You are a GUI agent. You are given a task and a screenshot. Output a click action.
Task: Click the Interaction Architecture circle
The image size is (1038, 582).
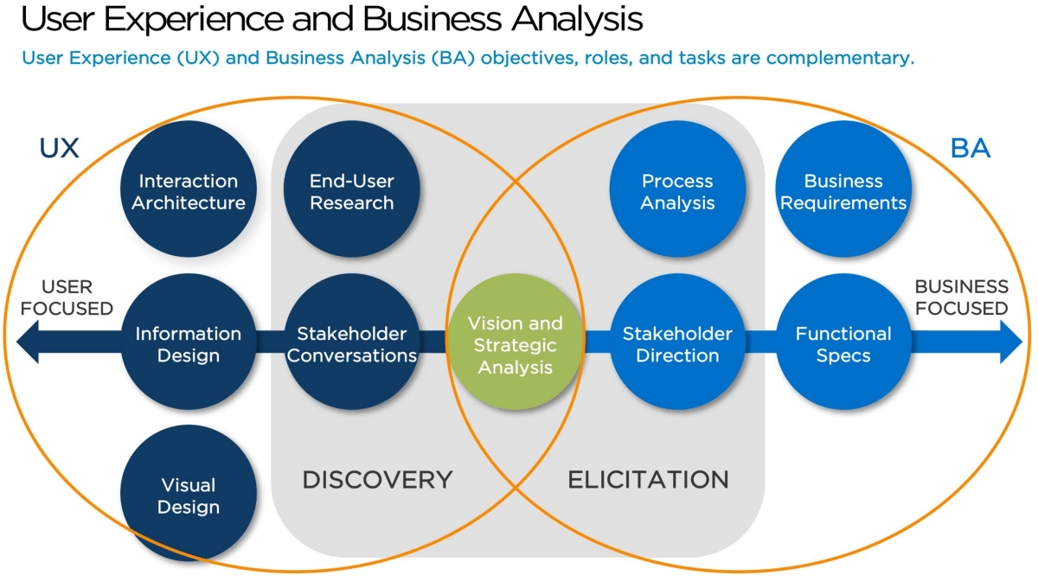(189, 189)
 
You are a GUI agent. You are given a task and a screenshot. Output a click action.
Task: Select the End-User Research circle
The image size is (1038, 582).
(352, 189)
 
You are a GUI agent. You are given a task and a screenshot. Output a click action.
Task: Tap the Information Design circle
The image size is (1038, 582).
(189, 342)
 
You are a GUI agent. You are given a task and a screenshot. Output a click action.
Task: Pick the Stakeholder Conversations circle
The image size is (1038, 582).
(352, 342)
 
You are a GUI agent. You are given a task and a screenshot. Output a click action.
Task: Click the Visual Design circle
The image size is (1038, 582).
(189, 494)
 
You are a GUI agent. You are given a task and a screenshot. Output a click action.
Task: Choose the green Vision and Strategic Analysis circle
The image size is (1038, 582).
(516, 342)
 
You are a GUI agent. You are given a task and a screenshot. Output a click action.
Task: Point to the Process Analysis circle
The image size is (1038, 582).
(677, 189)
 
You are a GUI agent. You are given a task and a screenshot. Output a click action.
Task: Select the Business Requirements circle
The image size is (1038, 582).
(843, 189)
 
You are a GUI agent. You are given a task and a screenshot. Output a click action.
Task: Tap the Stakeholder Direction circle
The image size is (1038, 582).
(677, 342)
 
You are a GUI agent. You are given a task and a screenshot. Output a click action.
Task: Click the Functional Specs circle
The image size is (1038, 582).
(843, 342)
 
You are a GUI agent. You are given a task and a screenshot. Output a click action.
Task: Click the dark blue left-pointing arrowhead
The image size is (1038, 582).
(28, 342)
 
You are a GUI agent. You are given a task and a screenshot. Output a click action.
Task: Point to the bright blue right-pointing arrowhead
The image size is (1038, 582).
(1011, 342)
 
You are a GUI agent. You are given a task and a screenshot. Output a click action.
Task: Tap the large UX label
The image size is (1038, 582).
(60, 148)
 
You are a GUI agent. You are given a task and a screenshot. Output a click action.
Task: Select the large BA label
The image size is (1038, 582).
(971, 148)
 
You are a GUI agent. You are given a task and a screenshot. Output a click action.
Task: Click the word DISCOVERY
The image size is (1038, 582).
(377, 480)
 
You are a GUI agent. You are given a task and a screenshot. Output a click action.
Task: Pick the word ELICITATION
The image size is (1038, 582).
(648, 480)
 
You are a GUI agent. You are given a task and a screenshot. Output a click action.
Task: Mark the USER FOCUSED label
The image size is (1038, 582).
(67, 297)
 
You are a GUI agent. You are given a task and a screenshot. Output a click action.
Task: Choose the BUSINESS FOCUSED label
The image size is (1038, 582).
(962, 297)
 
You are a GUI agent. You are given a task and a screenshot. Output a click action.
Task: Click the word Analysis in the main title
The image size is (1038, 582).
(577, 20)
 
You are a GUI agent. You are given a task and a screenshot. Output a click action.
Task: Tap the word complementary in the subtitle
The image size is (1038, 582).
(840, 59)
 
